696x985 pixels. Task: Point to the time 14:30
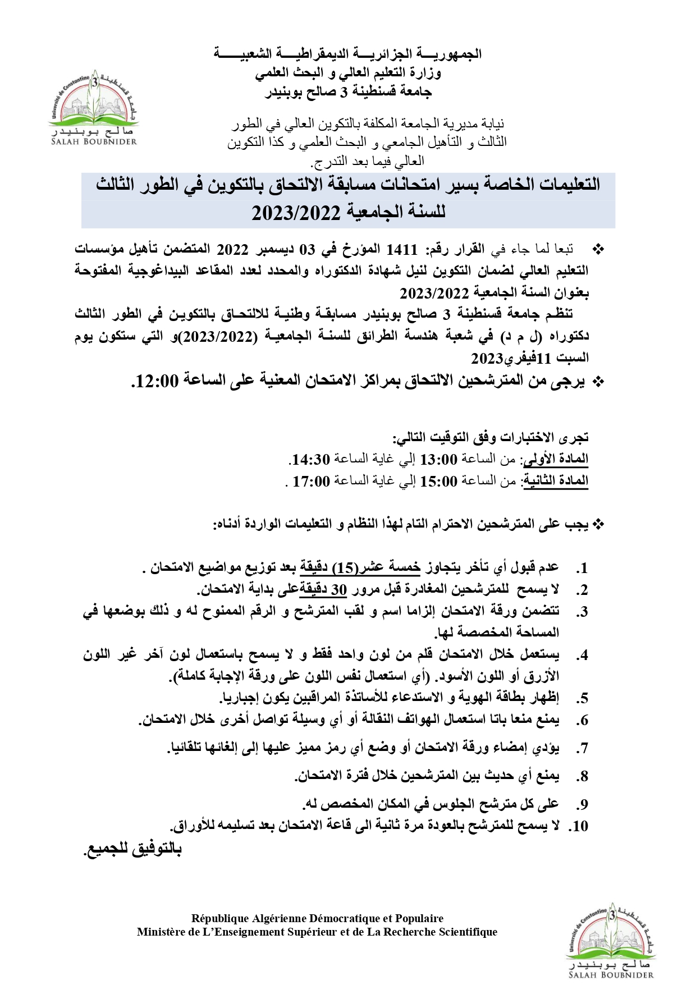310,460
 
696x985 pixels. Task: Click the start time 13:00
439,460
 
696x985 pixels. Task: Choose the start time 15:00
439,481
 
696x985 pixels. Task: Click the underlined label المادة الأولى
555,459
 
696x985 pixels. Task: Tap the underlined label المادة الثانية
555,481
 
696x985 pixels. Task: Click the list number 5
583,698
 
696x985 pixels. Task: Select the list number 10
579,826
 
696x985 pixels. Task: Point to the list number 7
583,748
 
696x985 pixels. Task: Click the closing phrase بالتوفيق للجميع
132,849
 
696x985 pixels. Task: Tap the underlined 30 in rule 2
339,589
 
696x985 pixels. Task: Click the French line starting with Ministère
317,932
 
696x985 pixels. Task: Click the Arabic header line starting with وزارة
348,72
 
